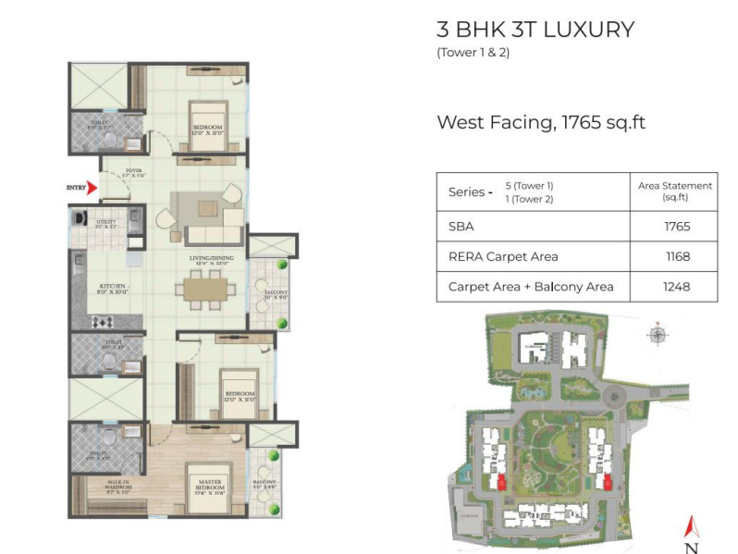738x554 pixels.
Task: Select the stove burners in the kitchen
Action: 103,322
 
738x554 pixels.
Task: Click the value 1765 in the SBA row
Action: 675,226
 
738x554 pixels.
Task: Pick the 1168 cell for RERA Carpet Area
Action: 675,256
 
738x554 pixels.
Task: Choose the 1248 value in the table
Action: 675,287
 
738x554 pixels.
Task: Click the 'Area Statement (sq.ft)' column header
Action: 675,191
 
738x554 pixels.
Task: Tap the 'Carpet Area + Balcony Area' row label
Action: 530,287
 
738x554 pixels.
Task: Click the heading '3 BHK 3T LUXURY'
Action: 535,30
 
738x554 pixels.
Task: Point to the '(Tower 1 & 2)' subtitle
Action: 473,53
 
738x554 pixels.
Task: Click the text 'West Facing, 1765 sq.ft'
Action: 540,122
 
